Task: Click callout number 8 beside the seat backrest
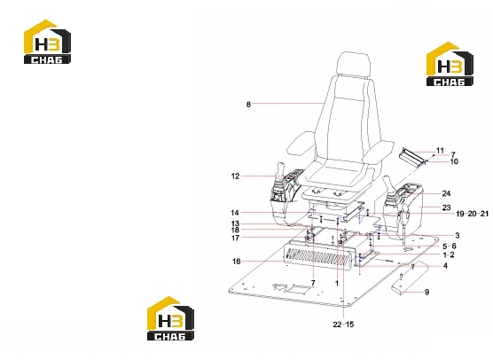tap(248, 104)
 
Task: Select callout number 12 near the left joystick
tap(235, 176)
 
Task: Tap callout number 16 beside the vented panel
tap(237, 262)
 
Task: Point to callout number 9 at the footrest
tap(426, 292)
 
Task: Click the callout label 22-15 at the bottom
tap(343, 325)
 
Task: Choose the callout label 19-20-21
tap(473, 214)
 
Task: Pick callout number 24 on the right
tap(446, 193)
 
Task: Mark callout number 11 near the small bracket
tap(440, 151)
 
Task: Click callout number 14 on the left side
tap(235, 213)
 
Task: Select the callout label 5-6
tap(450, 247)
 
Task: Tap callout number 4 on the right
tap(445, 266)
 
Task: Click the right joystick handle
tap(387, 183)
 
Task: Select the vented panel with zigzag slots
tap(319, 255)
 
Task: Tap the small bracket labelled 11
tap(413, 156)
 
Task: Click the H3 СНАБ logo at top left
tap(47, 42)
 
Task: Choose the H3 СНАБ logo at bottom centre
tap(170, 318)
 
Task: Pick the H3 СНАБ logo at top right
tap(450, 64)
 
